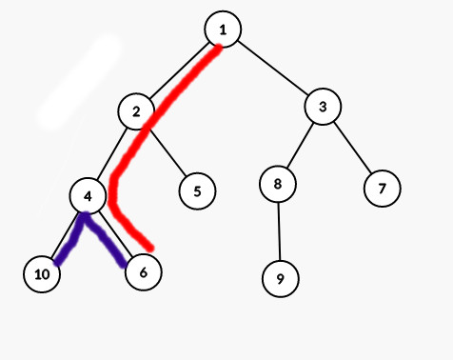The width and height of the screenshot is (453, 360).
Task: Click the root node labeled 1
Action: coord(223,30)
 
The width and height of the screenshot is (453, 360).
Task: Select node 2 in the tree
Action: coord(137,111)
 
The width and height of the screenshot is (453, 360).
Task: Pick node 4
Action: coord(88,196)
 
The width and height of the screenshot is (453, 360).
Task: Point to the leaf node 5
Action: coord(197,190)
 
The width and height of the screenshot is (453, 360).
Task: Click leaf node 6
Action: coord(143,272)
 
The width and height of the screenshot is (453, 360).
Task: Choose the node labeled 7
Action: coord(382,188)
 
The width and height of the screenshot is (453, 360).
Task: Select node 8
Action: coord(278,184)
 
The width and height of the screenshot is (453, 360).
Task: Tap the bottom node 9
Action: coord(280,279)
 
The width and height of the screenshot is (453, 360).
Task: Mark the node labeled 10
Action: coord(41,274)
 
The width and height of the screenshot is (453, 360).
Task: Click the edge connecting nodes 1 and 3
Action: coord(273,69)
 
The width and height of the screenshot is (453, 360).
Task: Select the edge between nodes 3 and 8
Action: coord(301,146)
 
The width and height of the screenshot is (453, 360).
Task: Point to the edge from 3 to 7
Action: coord(352,147)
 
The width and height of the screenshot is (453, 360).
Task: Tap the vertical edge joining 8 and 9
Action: coord(279,231)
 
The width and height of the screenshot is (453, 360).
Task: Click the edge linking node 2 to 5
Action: coord(167,151)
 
